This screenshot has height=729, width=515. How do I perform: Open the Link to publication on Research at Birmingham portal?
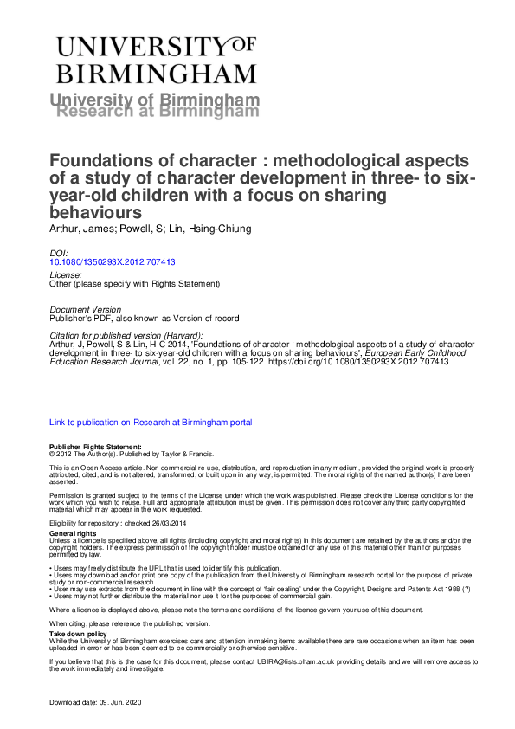(151, 423)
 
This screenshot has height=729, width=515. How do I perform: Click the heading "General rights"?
(74, 534)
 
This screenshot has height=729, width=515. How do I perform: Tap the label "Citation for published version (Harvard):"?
(127, 335)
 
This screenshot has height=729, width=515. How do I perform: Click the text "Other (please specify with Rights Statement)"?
(135, 284)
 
